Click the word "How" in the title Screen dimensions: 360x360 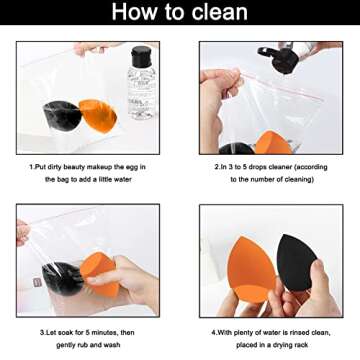[135, 14]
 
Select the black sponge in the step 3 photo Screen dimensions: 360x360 [55, 275]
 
